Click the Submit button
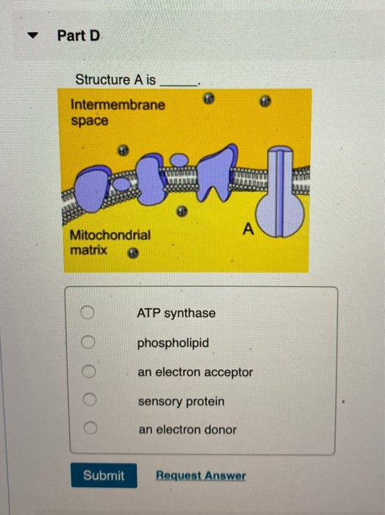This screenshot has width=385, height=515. coord(104,475)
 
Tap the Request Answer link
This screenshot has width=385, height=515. coord(201,475)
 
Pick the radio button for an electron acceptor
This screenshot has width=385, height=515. coord(90,372)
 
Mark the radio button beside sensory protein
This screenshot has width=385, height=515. coord(90,402)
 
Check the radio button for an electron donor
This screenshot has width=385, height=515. coord(90,429)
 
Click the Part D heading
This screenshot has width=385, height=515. coord(78,36)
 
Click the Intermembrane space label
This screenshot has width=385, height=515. coord(118,112)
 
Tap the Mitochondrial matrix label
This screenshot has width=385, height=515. coord(109,242)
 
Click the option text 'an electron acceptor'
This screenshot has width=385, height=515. coord(195,372)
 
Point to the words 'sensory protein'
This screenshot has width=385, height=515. coord(181,402)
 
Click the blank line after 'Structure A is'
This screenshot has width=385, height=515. coord(179,81)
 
